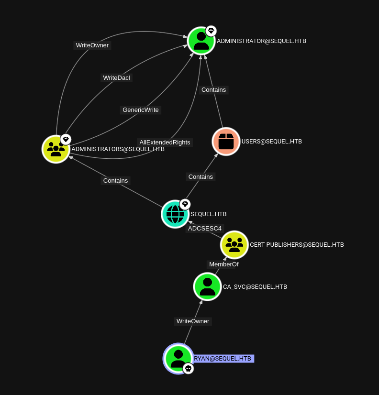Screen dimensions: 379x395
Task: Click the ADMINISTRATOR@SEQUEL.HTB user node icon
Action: (x=201, y=41)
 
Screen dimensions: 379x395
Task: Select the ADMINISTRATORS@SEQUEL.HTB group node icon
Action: (x=56, y=149)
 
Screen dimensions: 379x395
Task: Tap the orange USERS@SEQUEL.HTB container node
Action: (x=226, y=142)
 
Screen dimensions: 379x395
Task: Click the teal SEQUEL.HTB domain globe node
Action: (x=175, y=214)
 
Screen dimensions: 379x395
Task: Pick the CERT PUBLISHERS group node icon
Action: (x=234, y=245)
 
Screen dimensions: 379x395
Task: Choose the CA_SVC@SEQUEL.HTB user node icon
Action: (x=207, y=286)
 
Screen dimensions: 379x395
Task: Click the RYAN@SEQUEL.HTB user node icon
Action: (x=178, y=359)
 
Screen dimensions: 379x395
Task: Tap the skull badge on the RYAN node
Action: (x=188, y=369)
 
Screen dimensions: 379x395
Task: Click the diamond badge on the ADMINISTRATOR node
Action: (x=211, y=31)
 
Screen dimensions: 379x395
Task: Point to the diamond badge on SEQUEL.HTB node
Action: (x=185, y=204)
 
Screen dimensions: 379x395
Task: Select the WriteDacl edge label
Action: (x=116, y=78)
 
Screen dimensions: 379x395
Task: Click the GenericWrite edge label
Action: (x=141, y=110)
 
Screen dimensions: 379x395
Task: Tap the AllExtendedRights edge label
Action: (x=165, y=143)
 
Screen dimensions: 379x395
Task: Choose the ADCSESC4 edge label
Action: (x=205, y=229)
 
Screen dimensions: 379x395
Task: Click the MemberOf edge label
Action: (x=223, y=264)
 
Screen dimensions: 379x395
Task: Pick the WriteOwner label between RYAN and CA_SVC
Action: (x=193, y=321)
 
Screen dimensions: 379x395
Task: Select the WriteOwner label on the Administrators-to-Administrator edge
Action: (x=92, y=45)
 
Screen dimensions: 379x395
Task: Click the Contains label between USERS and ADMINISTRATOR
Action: (x=213, y=90)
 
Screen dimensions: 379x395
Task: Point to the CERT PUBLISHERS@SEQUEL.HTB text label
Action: (x=297, y=245)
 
